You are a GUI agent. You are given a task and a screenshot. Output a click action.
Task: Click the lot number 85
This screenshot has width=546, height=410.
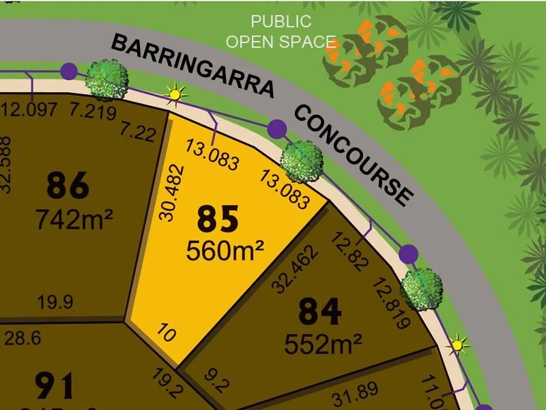[x=218, y=219]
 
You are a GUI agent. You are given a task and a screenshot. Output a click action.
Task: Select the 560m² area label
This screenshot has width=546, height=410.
[x=225, y=251]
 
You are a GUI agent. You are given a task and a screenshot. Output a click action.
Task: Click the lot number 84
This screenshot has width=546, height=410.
[x=319, y=313]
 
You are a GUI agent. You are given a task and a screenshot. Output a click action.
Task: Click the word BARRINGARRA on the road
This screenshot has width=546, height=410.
[x=192, y=66]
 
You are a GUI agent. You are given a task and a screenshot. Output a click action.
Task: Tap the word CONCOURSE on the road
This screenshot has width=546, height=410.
[x=354, y=154]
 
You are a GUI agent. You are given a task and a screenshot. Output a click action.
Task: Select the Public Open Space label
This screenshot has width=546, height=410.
[x=281, y=31]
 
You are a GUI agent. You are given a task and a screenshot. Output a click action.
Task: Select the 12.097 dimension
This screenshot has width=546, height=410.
[x=30, y=109]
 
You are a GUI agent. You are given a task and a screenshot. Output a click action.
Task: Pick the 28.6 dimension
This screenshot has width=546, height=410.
[x=24, y=337]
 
